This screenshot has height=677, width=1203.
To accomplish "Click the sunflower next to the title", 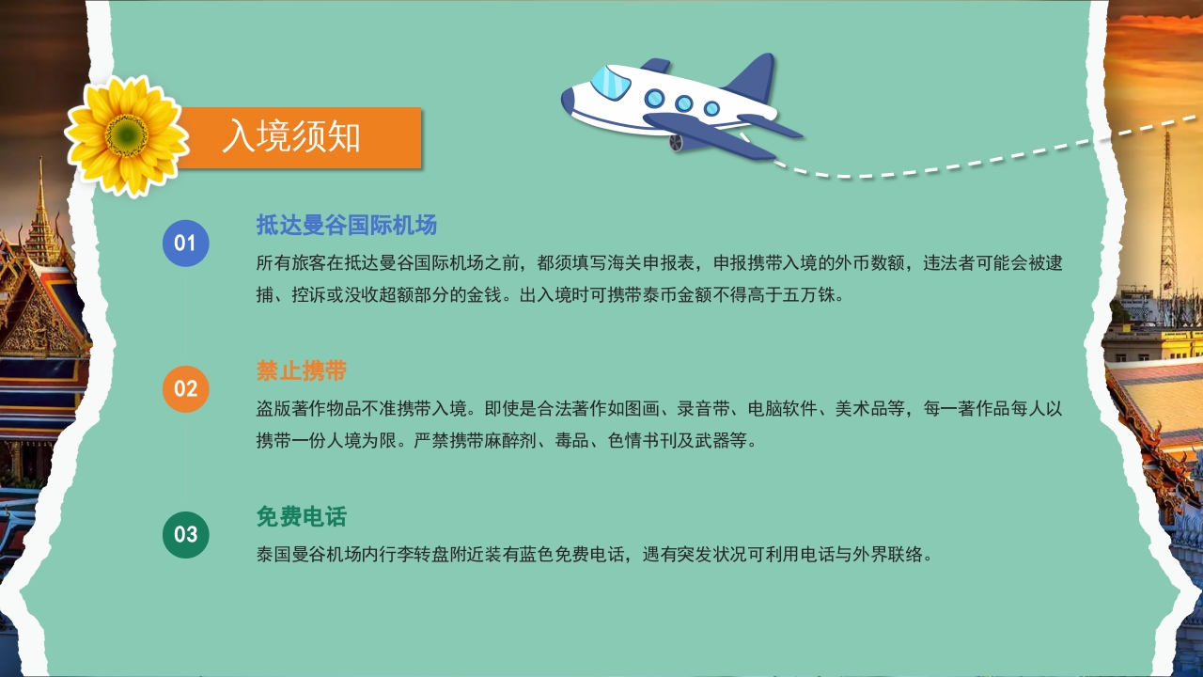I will tap(126, 136).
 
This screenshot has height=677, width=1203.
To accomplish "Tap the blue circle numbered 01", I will tap(185, 244).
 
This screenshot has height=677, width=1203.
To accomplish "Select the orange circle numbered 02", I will tap(185, 388).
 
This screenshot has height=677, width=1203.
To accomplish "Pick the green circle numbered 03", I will tap(185, 534).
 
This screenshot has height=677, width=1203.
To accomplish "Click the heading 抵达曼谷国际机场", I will tap(347, 226).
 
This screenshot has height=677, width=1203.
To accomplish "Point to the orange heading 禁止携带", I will tap(302, 370).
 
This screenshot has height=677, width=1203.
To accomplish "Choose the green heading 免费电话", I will tap(302, 517).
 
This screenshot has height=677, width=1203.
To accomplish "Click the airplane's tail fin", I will tap(751, 79).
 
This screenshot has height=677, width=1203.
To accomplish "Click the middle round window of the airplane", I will tap(683, 103).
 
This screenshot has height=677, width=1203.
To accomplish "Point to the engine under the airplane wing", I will tap(677, 142).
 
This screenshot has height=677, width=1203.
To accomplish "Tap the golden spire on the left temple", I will tap(40, 212).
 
